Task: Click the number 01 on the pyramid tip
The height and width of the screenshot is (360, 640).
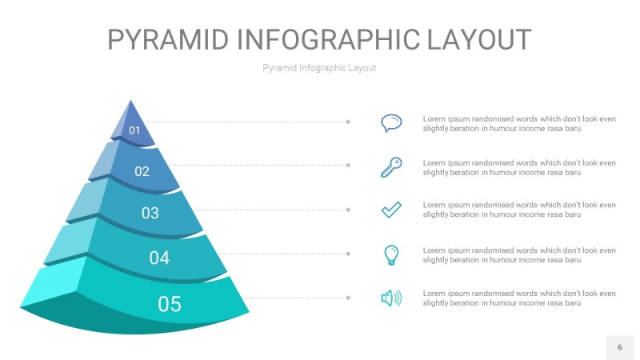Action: [x=134, y=130]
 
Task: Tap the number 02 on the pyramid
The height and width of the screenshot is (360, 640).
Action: [x=142, y=170]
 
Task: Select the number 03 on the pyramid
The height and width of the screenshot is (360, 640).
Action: [x=150, y=213]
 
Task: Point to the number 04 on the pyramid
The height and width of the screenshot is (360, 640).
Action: [x=159, y=258]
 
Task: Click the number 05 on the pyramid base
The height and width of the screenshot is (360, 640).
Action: [x=170, y=304]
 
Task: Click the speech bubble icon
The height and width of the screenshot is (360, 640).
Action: [x=391, y=122]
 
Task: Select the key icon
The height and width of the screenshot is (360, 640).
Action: [x=391, y=167]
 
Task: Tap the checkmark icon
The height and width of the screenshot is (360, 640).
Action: [x=391, y=210]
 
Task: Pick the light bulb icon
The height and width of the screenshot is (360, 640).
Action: [x=391, y=255]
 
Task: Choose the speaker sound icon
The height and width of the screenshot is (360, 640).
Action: [x=391, y=298]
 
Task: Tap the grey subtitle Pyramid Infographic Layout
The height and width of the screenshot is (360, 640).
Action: [x=319, y=68]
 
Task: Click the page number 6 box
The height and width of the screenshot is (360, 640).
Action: [x=619, y=347]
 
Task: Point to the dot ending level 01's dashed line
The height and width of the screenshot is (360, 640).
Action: [x=348, y=122]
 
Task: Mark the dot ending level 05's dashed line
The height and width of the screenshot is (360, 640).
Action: [x=348, y=298]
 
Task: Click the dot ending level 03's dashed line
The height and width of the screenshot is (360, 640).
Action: [x=348, y=210]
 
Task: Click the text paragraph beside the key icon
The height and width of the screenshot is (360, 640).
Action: [x=519, y=167]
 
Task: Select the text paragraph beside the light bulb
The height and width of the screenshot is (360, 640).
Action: [x=519, y=255]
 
